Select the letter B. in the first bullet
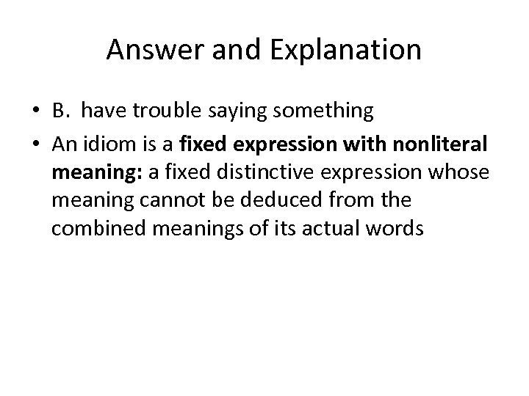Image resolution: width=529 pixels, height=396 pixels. coord(61,111)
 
